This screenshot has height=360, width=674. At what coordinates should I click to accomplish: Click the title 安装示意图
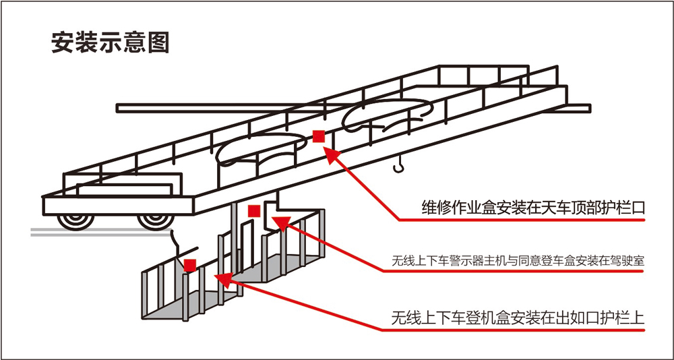point(110,42)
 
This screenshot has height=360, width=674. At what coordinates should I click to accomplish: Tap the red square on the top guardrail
point(319,136)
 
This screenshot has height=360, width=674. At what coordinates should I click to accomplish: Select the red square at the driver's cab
point(254,211)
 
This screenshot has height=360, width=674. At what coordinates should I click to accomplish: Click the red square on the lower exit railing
point(190,265)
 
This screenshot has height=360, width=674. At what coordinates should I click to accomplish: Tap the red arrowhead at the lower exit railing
point(222,276)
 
